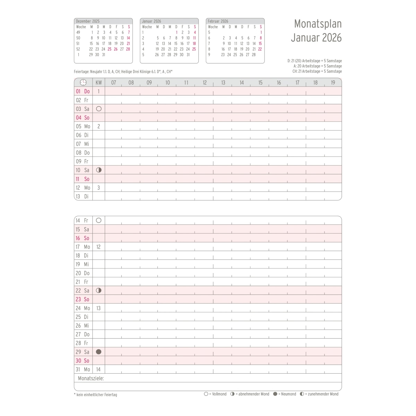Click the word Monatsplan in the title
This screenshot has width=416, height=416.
pyautogui.click(x=318, y=24)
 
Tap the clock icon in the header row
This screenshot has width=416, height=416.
pyautogui.click(x=83, y=83)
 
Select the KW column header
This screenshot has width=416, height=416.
pyautogui.click(x=99, y=83)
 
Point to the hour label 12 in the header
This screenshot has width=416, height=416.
pyautogui.click(x=205, y=83)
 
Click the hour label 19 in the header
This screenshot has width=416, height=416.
pyautogui.click(x=333, y=83)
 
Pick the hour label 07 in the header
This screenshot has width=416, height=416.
pyautogui.click(x=113, y=83)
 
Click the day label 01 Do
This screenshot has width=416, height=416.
pyautogui.click(x=83, y=92)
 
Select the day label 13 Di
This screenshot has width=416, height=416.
pyautogui.click(x=82, y=196)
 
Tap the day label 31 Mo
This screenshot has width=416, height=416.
pyautogui.click(x=83, y=370)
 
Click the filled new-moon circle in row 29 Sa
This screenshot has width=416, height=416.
pyautogui.click(x=98, y=352)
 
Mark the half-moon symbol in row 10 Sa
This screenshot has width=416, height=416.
pyautogui.click(x=99, y=170)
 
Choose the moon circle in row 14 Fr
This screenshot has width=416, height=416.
pyautogui.click(x=99, y=220)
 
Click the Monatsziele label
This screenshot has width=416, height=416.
pyautogui.click(x=91, y=378)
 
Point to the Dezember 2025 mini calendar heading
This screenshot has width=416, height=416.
pyautogui.click(x=88, y=21)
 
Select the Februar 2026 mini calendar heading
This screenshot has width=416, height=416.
pyautogui.click(x=218, y=21)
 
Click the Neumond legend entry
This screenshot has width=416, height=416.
pyautogui.click(x=285, y=394)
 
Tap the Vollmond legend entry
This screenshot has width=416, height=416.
pyautogui.click(x=215, y=394)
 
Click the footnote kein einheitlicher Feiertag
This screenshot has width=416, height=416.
pyautogui.click(x=96, y=395)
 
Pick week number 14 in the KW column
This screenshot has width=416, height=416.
pyautogui.click(x=98, y=370)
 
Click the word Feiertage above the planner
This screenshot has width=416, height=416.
pyautogui.click(x=81, y=72)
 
